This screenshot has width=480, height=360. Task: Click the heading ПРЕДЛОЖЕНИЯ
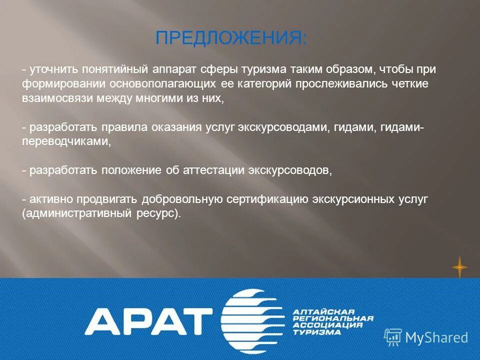(x=230, y=38)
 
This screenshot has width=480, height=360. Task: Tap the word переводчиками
(x=65, y=141)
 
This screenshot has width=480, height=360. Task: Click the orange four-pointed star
(x=459, y=267)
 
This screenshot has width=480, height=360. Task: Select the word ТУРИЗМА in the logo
(x=314, y=331)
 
